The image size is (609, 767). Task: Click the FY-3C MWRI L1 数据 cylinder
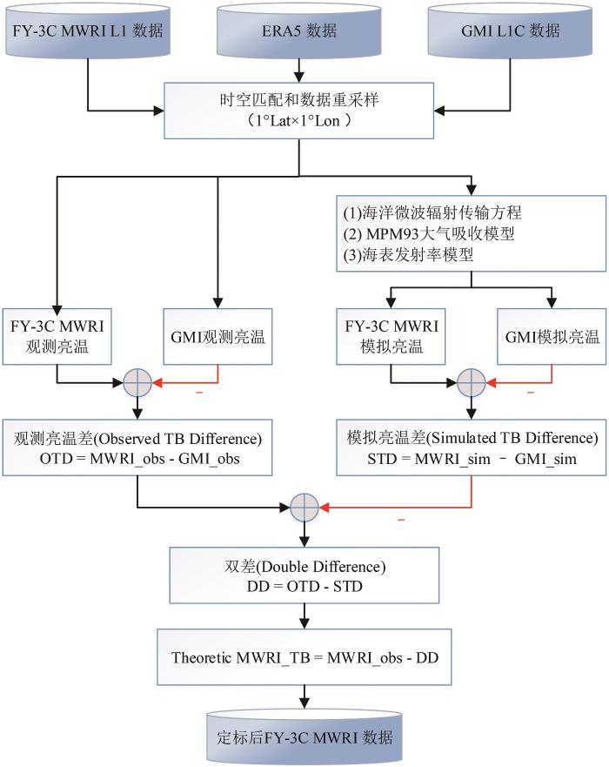88,30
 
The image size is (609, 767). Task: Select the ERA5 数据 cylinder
299,30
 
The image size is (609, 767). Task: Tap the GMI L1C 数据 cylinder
511,30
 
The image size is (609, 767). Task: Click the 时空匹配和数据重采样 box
298,111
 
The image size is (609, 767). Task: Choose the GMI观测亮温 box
217,337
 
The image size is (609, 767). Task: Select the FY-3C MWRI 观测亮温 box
57,337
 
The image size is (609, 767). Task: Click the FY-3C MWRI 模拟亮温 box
391,337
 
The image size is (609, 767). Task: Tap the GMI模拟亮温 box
552,337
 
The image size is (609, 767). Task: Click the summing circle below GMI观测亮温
137,382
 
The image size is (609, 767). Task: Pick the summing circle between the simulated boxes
472,382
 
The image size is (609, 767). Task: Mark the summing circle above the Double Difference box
304,508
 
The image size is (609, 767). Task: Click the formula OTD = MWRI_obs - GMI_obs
140,459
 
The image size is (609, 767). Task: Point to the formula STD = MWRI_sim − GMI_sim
472,459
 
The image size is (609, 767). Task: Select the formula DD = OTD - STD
304,586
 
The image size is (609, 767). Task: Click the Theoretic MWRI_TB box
304,657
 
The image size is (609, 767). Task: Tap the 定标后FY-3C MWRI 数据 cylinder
304,737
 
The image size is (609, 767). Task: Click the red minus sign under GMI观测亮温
199,393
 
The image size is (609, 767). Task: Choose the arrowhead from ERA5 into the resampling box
299,77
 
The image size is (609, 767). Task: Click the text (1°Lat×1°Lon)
298,121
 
